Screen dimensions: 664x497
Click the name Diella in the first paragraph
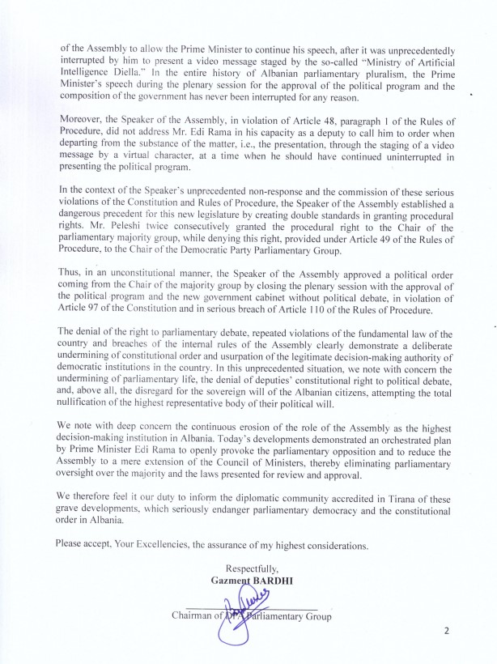[x=121, y=73]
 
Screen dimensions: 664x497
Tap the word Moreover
[x=84, y=120]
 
